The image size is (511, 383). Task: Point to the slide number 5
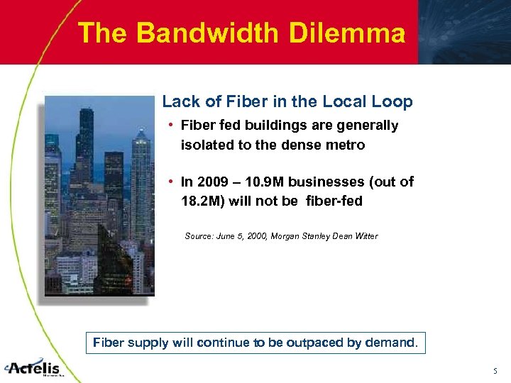495,370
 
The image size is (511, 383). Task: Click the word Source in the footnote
198,235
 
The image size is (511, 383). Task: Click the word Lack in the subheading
177,101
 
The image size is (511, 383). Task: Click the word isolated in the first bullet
204,145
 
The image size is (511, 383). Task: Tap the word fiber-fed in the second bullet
334,201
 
